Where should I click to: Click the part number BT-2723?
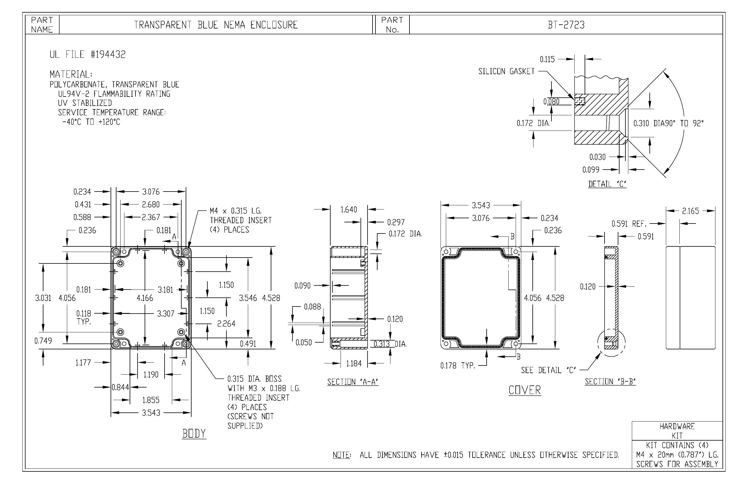566,25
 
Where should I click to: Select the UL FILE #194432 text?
88,54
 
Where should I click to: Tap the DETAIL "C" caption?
607,184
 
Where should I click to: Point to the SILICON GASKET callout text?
506,72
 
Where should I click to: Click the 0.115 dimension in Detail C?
547,59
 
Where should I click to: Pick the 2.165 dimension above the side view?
690,211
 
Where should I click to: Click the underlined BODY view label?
194,434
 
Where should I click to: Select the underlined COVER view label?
525,390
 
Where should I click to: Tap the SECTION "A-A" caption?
353,382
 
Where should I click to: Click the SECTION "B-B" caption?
610,382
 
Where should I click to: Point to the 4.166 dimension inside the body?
145,298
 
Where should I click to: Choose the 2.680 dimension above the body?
151,205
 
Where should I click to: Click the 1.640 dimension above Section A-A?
349,210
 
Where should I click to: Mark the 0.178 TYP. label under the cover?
458,365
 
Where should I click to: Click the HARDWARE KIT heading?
677,431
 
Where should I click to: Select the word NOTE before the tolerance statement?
342,455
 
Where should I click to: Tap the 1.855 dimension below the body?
151,400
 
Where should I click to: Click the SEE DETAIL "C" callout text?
549,370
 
